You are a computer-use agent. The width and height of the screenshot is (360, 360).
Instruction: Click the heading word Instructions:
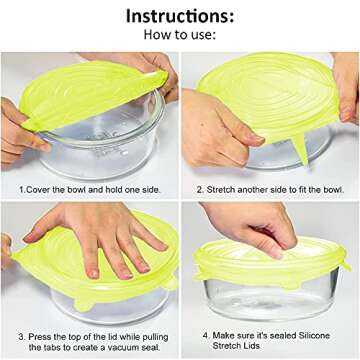click(179, 17)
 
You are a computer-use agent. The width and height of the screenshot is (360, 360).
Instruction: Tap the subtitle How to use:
click(179, 39)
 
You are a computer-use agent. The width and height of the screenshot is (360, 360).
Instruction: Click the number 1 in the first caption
click(22, 187)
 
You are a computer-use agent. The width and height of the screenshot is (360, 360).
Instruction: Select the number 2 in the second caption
click(201, 187)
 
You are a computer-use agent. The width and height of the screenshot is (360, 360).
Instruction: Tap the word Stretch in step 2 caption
click(226, 187)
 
